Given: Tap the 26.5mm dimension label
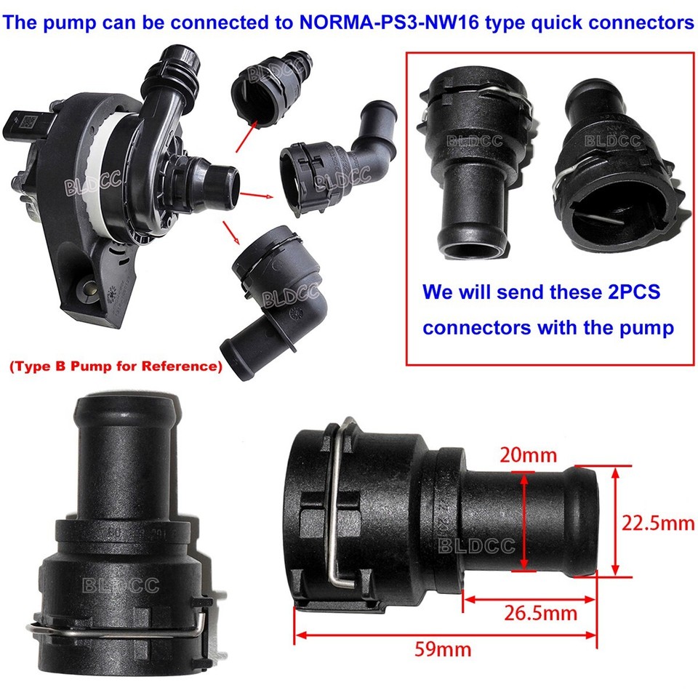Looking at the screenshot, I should (540, 613).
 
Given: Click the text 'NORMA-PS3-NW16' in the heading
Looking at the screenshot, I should (379, 23).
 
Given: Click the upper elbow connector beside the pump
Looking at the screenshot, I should (327, 167).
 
